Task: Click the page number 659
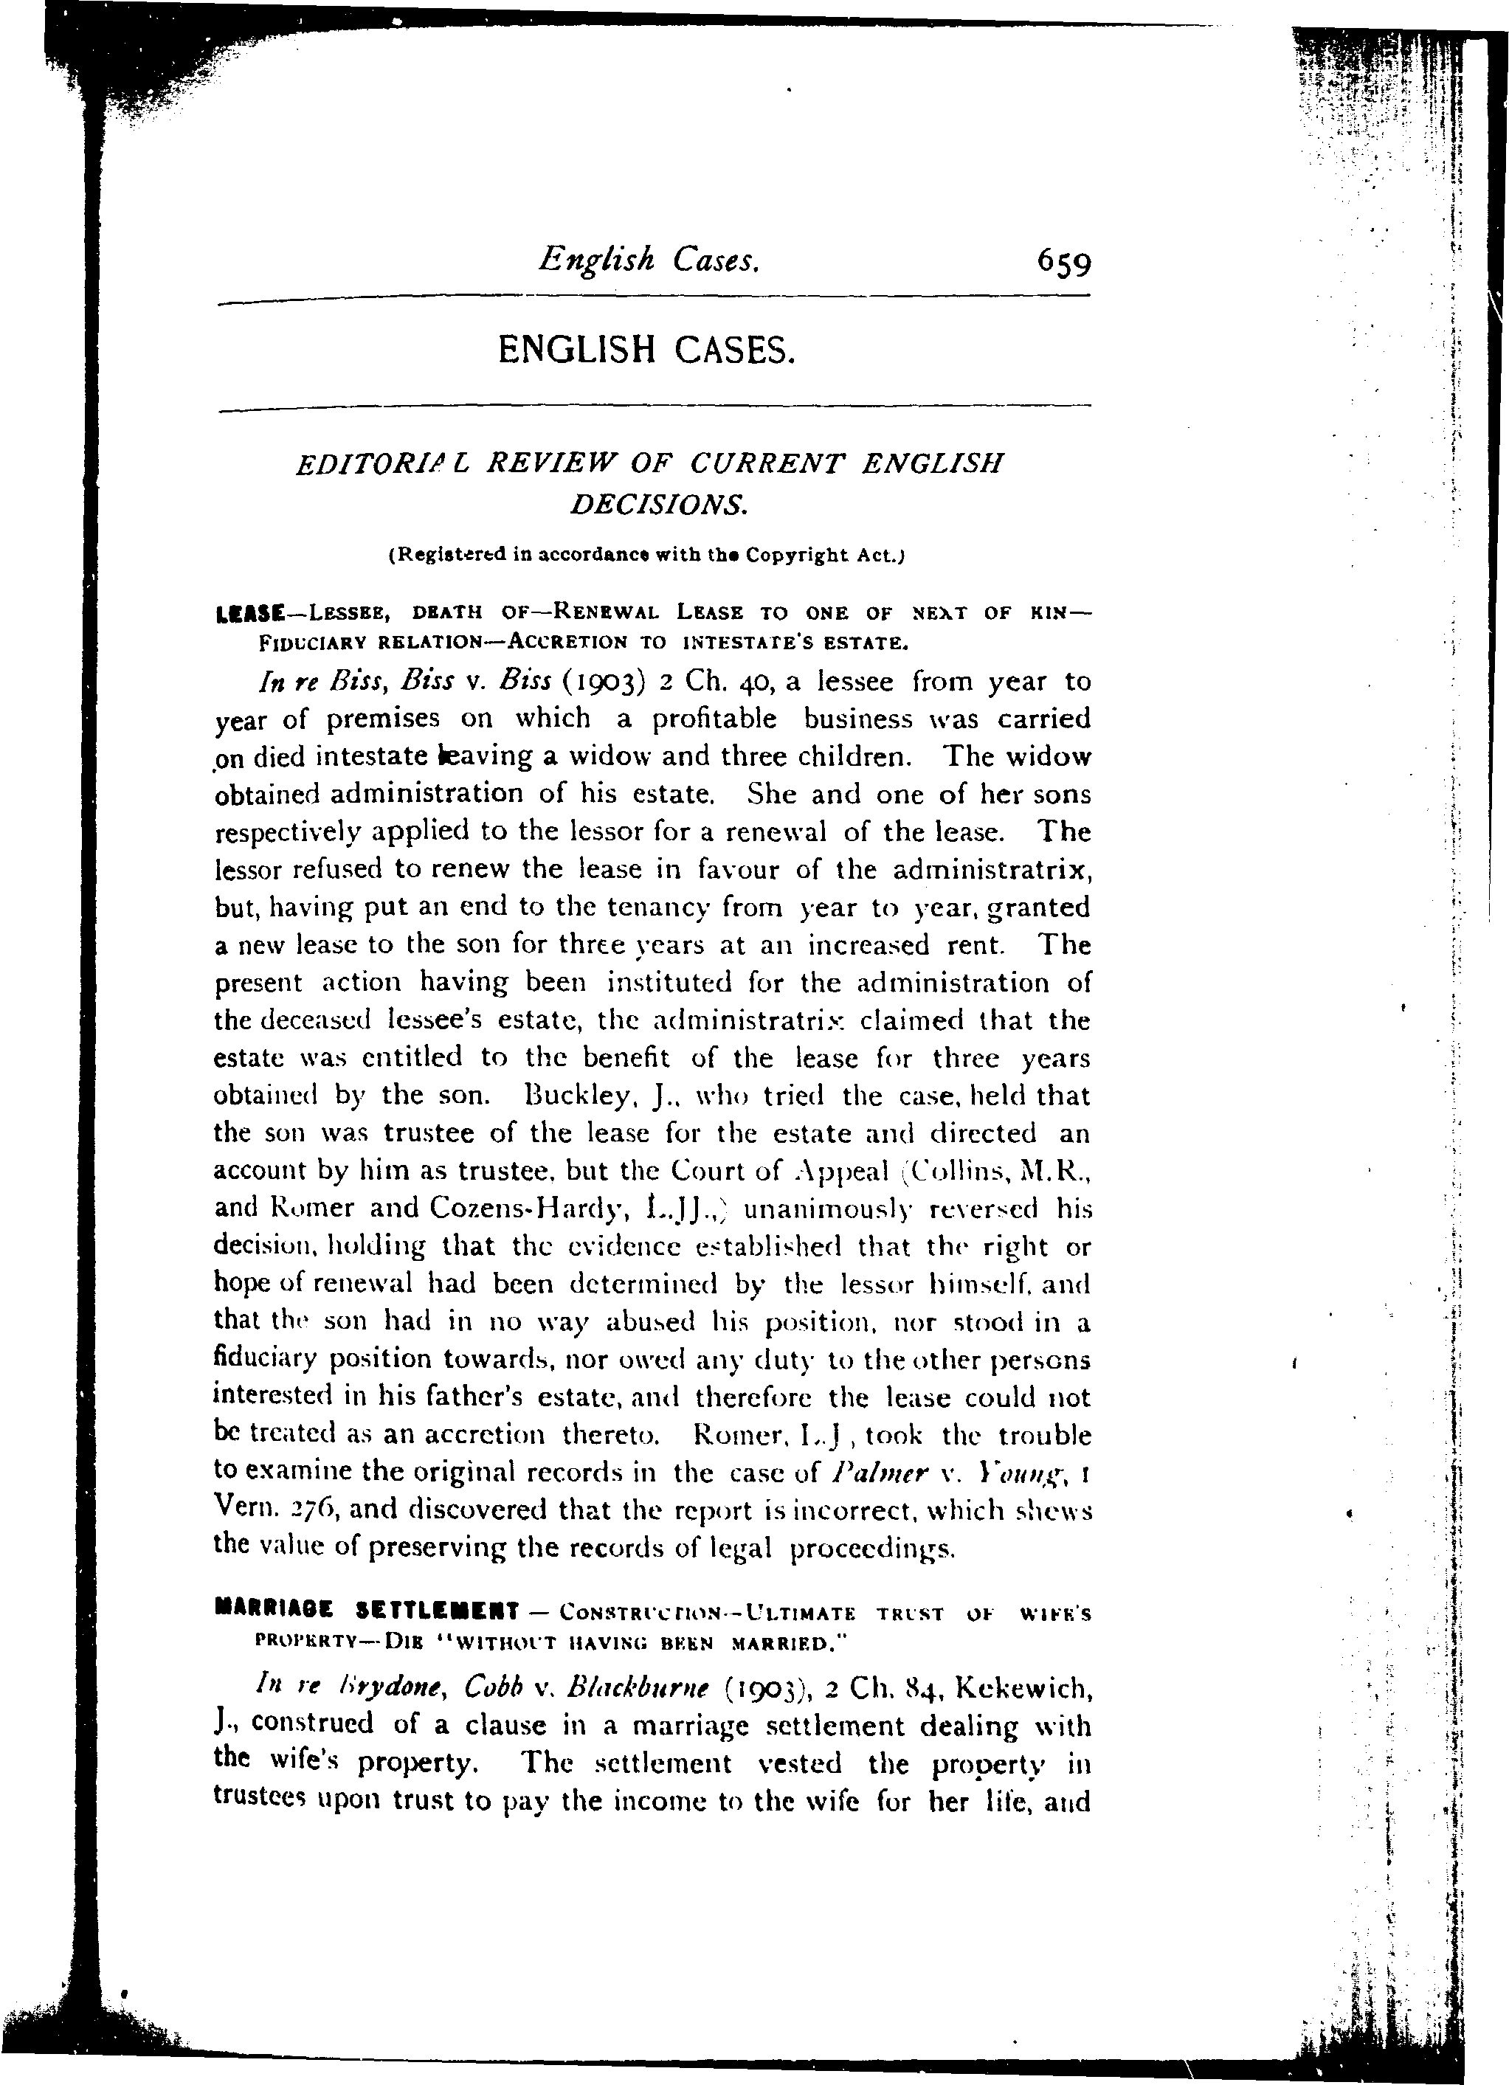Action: click(1064, 264)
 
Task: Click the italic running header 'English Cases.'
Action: click(649, 260)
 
